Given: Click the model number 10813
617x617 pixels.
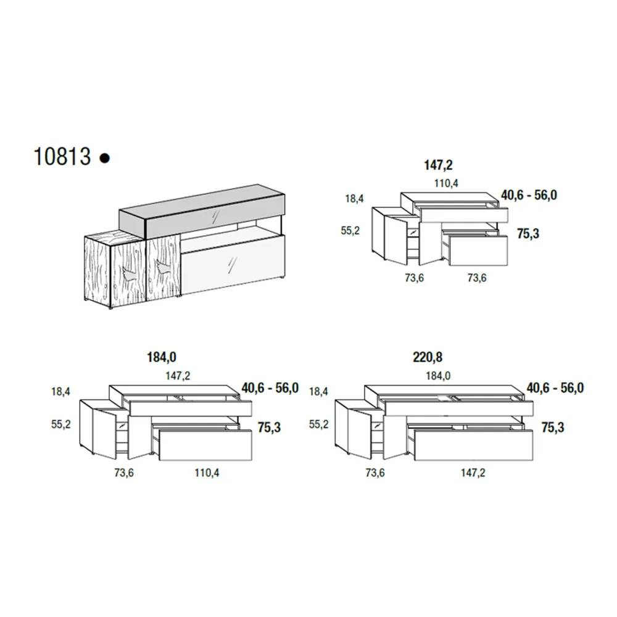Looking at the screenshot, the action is pyautogui.click(x=62, y=157).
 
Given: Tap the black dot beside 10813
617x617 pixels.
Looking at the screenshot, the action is pyautogui.click(x=105, y=158).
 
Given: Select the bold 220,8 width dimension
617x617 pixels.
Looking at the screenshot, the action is pyautogui.click(x=428, y=357).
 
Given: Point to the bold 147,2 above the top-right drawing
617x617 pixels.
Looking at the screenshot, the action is pyautogui.click(x=438, y=165).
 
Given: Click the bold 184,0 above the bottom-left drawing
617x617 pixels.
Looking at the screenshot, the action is pyautogui.click(x=161, y=357).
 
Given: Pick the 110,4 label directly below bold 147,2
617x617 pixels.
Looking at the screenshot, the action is pyautogui.click(x=446, y=183).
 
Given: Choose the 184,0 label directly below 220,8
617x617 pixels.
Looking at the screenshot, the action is pyautogui.click(x=438, y=376).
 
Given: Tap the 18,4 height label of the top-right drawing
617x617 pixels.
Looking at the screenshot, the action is pyautogui.click(x=354, y=199).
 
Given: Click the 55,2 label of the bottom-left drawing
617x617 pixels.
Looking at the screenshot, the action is pyautogui.click(x=61, y=424).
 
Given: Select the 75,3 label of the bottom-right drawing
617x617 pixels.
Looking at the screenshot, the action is pyautogui.click(x=552, y=427).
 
